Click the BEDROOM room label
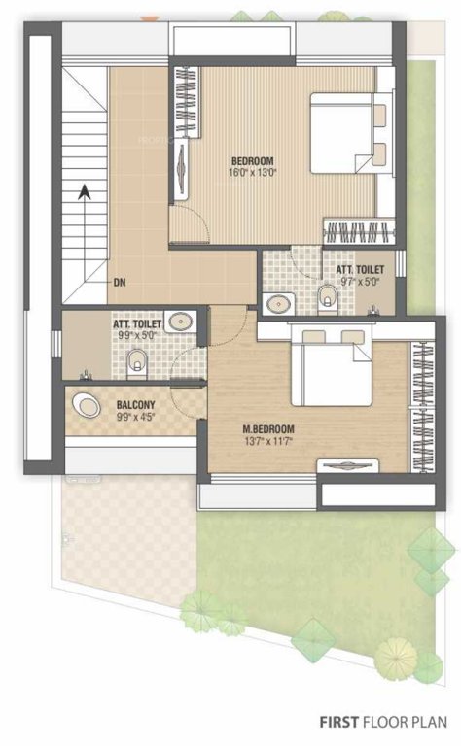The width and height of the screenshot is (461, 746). click(x=252, y=160)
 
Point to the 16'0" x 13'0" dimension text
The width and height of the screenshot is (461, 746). click(x=252, y=173)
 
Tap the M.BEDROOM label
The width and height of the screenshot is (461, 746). click(x=268, y=428)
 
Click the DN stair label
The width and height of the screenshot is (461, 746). click(x=120, y=283)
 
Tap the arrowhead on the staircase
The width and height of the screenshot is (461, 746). click(x=86, y=192)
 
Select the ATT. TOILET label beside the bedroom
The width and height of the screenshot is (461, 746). click(x=359, y=269)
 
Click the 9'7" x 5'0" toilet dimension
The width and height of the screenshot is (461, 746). click(x=359, y=282)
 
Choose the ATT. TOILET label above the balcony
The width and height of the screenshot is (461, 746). click(x=135, y=325)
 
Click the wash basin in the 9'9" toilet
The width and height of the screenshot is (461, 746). click(x=180, y=322)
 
